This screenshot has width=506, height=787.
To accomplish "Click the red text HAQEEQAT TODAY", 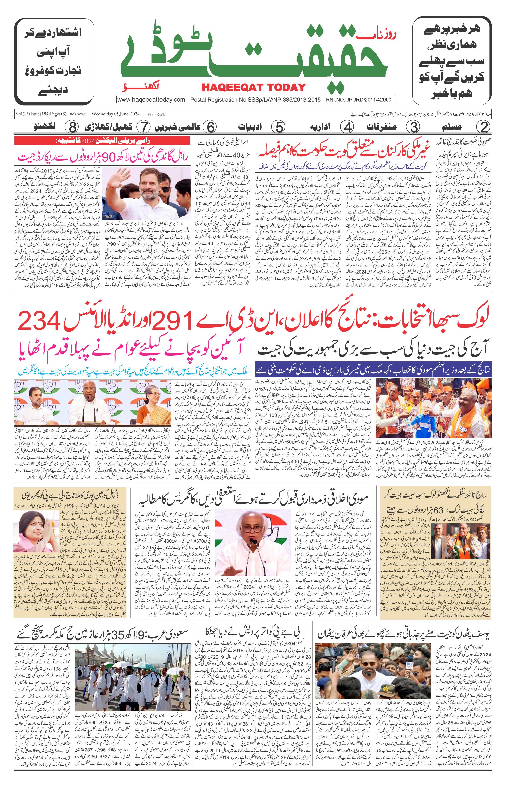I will [x=253, y=87].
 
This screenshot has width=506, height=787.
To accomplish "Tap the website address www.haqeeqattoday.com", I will [x=151, y=100].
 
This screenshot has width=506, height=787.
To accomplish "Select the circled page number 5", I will [x=279, y=127].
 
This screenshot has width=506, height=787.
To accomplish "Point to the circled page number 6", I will [x=210, y=127].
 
